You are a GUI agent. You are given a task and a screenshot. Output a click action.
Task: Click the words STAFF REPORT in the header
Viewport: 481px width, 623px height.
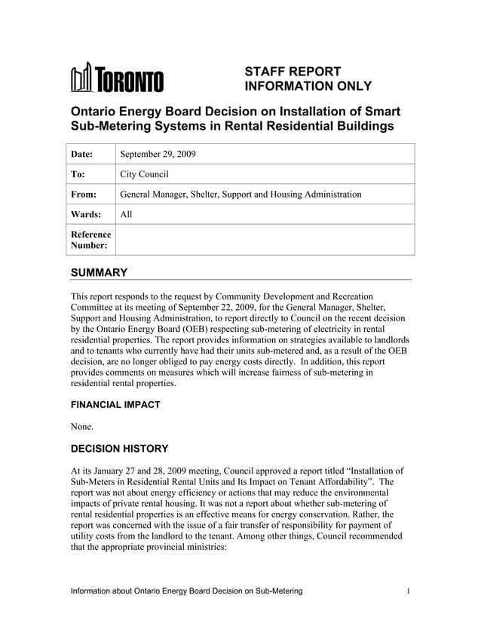(293, 71)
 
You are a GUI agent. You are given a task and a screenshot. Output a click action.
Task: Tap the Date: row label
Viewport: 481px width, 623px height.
(81, 154)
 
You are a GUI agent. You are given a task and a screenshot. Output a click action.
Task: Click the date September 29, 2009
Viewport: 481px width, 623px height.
(158, 154)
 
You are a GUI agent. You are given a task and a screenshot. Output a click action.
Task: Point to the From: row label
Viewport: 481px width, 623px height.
(83, 195)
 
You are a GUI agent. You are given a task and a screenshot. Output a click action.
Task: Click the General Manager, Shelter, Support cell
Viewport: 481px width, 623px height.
(240, 195)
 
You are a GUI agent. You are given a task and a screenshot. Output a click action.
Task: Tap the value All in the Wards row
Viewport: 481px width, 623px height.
(127, 215)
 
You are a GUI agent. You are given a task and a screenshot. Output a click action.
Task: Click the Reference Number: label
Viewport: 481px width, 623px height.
(90, 241)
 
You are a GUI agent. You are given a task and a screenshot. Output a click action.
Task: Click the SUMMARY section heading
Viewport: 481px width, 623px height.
(98, 272)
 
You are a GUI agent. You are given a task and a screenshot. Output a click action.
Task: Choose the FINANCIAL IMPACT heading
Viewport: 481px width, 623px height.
(115, 405)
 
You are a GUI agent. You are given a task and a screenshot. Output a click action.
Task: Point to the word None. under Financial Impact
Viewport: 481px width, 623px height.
(82, 426)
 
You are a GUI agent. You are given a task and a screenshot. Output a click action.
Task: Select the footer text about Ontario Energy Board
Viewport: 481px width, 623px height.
(186, 591)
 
